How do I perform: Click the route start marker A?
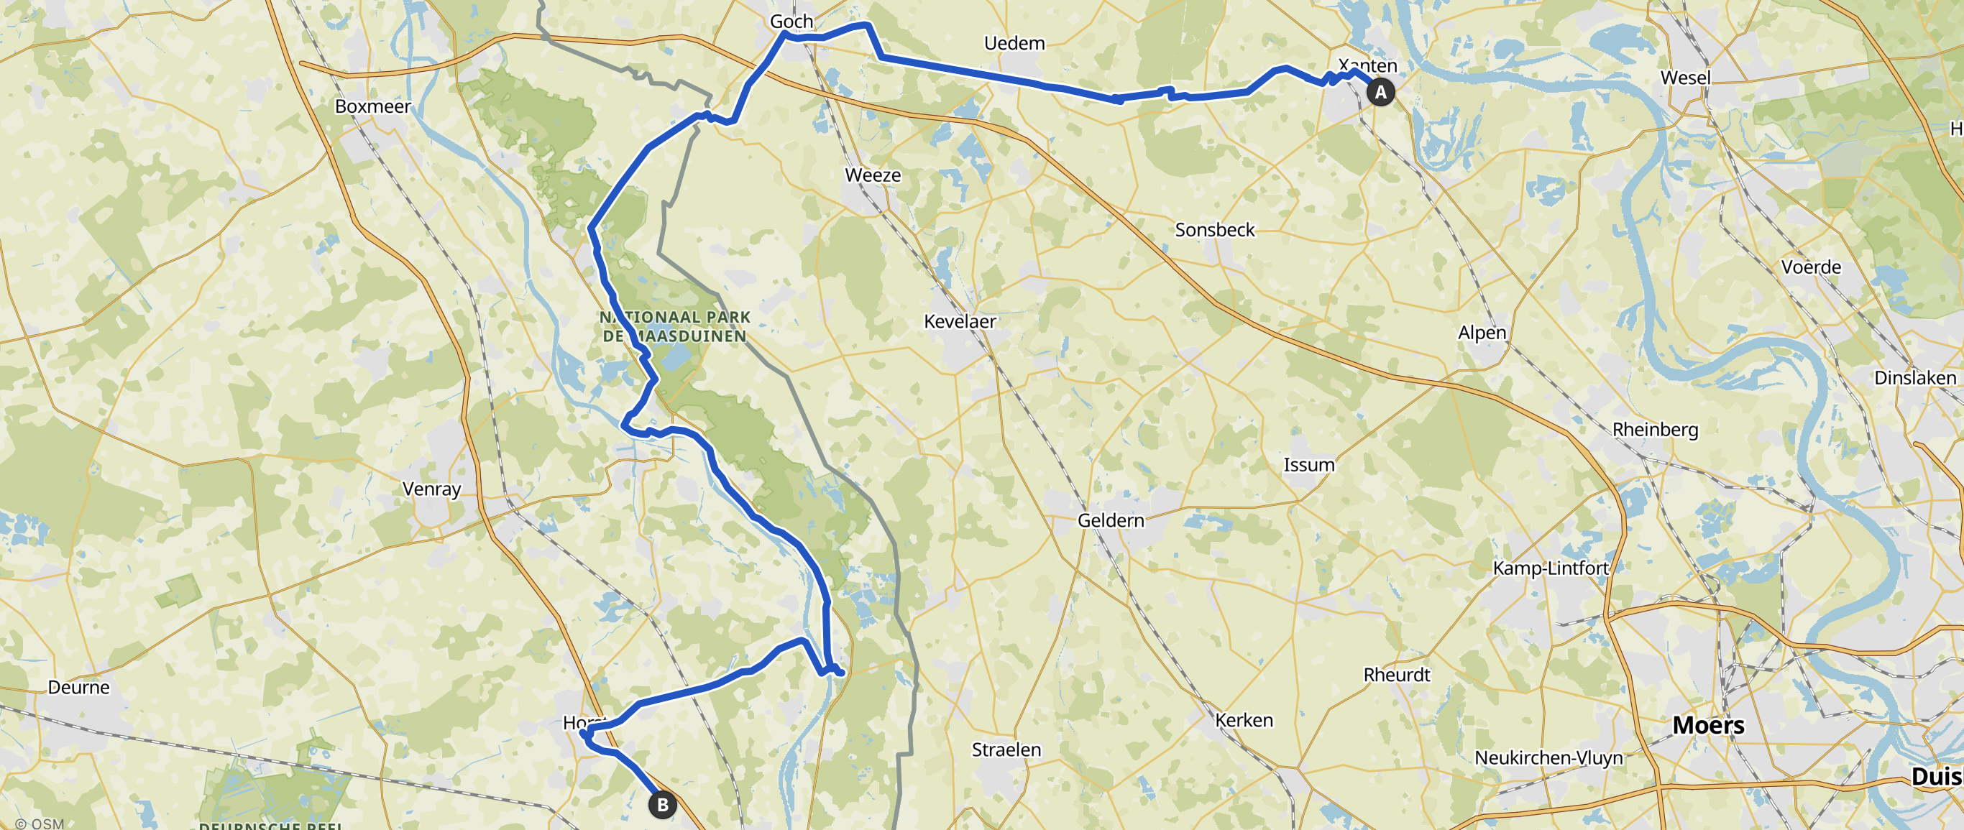point(1380,92)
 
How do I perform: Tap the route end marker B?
point(662,805)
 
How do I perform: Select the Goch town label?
point(791,22)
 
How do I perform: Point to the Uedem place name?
point(1014,43)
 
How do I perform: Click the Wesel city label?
point(1685,78)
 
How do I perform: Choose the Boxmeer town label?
point(373,106)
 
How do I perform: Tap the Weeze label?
point(873,175)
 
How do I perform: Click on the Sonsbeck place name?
point(1214,230)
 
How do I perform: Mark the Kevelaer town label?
point(960,322)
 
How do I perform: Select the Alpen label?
point(1482,333)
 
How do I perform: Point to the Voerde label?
point(1811,267)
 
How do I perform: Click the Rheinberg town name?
point(1655,430)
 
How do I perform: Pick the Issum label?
point(1309,465)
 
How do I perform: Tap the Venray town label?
point(431,489)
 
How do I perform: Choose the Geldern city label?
point(1111,520)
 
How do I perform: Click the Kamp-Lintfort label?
point(1551,568)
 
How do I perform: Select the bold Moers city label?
point(1708,725)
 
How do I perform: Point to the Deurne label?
point(78,688)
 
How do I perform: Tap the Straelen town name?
point(1006,750)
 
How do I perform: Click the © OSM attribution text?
point(40,823)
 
